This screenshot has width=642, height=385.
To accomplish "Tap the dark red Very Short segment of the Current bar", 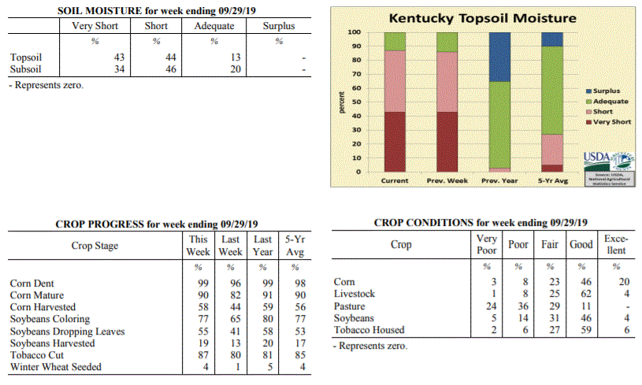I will coord(395,142).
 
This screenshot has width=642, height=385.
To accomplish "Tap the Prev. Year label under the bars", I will coord(499,180).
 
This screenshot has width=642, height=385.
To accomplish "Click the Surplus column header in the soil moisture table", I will coord(279,26).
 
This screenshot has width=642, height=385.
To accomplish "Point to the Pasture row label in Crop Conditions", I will coord(349,305).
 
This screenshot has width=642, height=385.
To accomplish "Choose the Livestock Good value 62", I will coord(581,294).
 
